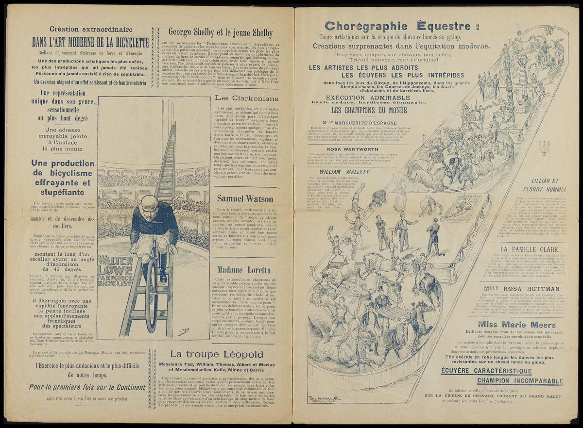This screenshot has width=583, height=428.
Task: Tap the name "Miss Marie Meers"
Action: [517, 325]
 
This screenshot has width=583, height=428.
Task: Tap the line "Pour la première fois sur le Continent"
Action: [87, 387]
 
